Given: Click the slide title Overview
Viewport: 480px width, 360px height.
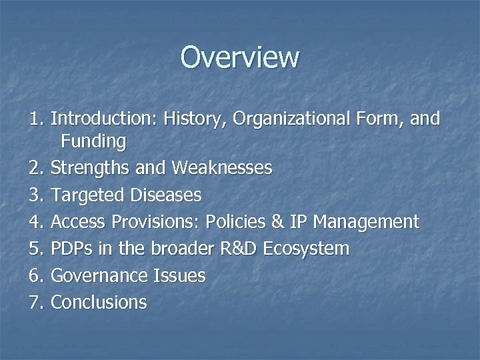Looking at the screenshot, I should tap(240, 57).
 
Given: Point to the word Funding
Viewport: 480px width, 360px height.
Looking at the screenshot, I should tap(93, 141).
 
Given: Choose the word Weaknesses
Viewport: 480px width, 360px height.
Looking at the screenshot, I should tap(221, 168).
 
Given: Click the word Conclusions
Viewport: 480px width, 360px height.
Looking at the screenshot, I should tap(99, 302).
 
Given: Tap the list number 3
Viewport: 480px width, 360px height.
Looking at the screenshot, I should tap(35, 195).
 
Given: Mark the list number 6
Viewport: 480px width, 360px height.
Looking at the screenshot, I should tap(35, 275).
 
